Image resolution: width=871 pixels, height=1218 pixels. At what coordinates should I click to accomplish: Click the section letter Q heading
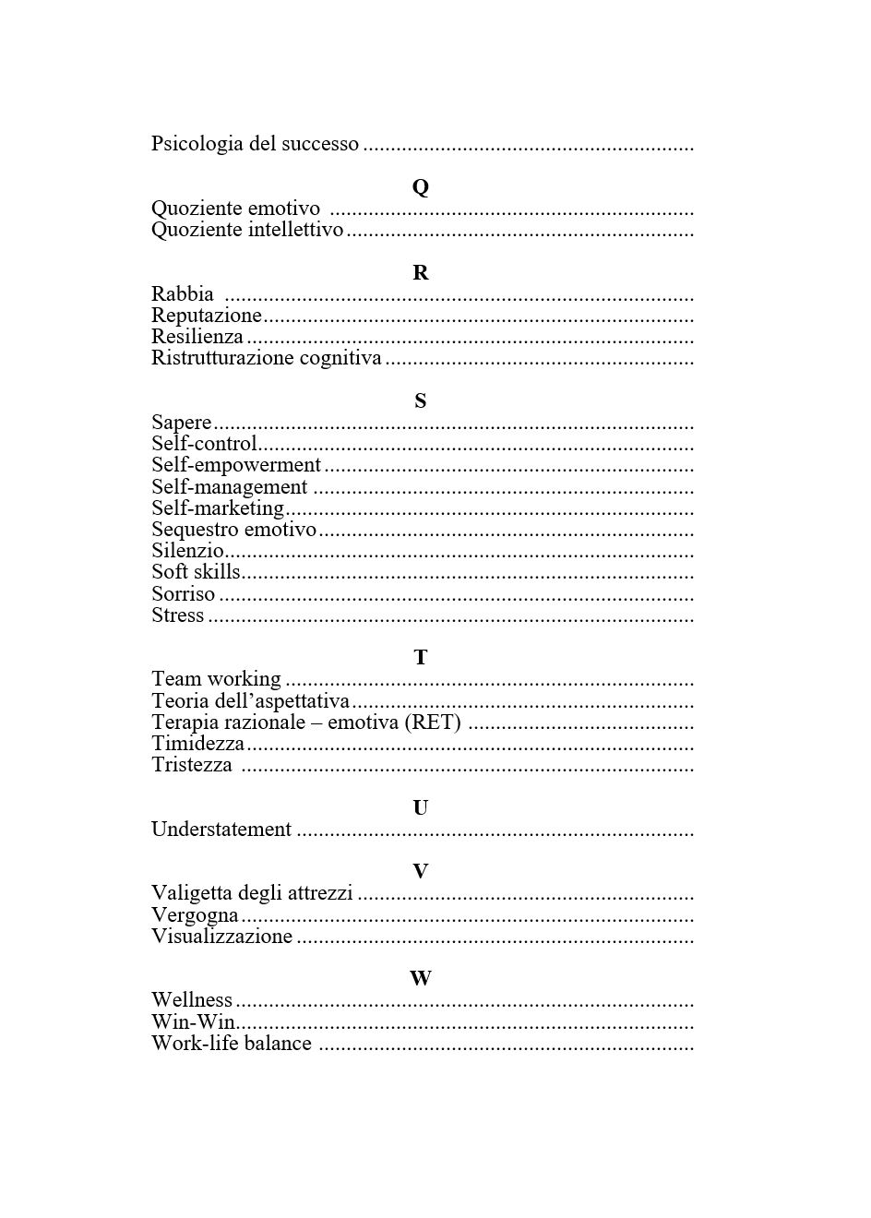[420, 187]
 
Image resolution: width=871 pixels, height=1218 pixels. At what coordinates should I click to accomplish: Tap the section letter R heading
[420, 273]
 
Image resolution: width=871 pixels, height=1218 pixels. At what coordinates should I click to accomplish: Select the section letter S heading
[420, 401]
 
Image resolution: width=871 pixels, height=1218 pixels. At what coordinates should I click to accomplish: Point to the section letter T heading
[420, 658]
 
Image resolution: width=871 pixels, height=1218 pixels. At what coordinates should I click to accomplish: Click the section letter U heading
[420, 808]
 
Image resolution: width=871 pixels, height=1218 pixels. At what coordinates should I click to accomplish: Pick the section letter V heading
[420, 871]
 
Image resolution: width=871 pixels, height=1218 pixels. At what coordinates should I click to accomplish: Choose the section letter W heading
[420, 978]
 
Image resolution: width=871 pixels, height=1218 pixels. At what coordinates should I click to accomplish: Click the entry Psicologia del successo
[255, 144]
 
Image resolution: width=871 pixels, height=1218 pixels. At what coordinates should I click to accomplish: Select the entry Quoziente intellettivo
[247, 230]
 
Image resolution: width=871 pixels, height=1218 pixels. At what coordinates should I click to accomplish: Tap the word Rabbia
[183, 294]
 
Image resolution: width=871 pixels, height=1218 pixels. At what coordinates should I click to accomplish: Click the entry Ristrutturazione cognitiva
[266, 358]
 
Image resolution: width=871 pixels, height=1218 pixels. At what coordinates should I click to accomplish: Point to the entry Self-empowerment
[236, 465]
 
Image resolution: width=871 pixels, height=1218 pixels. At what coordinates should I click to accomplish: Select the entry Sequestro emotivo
[233, 530]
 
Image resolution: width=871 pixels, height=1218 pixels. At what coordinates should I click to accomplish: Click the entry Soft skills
[196, 572]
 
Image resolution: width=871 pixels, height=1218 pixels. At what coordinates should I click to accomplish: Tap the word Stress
[177, 615]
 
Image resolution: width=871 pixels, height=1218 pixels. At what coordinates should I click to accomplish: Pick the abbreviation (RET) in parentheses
[433, 722]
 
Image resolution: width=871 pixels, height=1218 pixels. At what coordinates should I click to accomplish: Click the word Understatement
[221, 830]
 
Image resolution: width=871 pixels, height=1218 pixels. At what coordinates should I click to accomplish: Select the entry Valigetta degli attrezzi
[252, 893]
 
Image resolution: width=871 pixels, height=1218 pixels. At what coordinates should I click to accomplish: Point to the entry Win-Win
[193, 1022]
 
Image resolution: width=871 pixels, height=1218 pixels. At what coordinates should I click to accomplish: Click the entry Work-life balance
[232, 1044]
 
